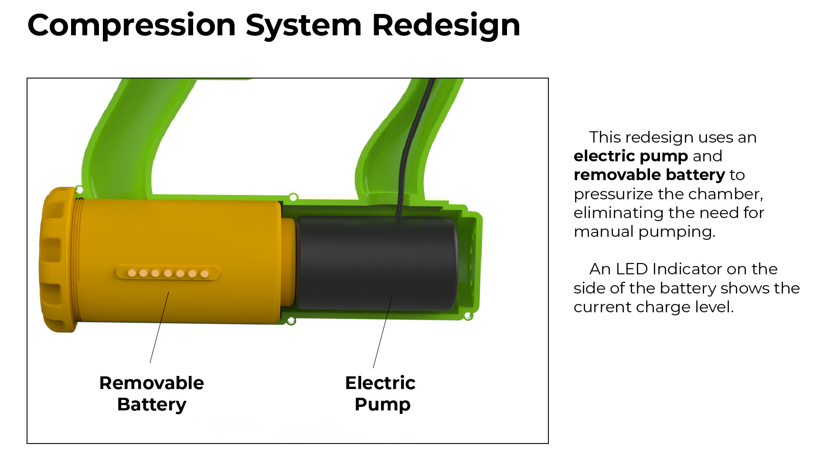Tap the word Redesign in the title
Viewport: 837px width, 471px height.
tap(446, 25)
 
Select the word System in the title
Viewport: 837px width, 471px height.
tap(304, 25)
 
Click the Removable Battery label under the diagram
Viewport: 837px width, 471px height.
tap(152, 393)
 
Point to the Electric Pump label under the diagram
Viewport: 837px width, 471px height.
tap(381, 393)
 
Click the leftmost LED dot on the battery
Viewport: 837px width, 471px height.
tap(132, 273)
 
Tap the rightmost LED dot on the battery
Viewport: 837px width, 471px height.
tap(204, 274)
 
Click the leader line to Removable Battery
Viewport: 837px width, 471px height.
tap(159, 328)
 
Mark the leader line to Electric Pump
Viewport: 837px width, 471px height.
tap(382, 332)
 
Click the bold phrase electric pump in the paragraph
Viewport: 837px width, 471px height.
tap(630, 156)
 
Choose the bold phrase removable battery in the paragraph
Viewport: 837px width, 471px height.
tap(649, 175)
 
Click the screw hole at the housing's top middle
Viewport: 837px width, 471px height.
tap(293, 198)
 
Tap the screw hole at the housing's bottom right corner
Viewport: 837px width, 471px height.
tap(468, 316)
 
